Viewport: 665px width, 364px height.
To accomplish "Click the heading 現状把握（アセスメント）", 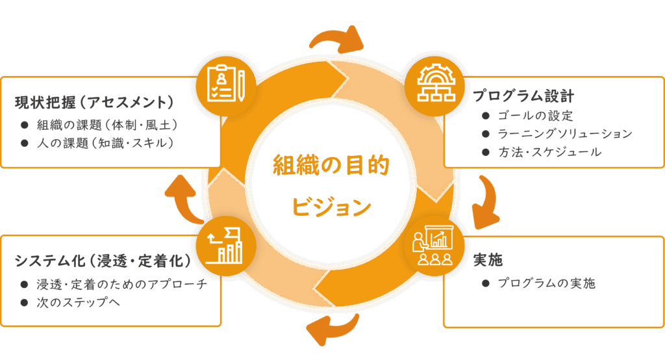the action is tap(94, 102).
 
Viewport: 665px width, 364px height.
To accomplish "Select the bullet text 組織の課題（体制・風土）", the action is tap(107, 125).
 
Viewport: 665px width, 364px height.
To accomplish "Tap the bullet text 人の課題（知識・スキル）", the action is tap(105, 143).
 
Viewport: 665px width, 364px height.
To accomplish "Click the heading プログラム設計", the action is tap(523, 96).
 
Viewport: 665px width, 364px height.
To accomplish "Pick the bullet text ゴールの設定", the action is tap(535, 116).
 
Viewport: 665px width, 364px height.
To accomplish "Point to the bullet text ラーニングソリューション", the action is tap(565, 134).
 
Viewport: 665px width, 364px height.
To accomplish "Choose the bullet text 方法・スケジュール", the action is tap(549, 152).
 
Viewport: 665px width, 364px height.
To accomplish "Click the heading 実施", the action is tap(488, 259).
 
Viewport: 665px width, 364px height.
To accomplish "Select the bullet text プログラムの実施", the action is tap(547, 283).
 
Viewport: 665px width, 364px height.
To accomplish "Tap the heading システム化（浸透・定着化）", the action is tap(103, 261).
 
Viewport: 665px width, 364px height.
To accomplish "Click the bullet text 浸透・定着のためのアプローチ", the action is tap(122, 284).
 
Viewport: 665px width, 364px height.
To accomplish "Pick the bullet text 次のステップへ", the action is tap(79, 302).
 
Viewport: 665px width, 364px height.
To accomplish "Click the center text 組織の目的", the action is tap(331, 165).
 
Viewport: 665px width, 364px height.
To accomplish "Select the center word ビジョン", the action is tap(331, 207).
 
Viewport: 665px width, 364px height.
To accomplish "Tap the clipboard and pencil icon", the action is tap(226, 83).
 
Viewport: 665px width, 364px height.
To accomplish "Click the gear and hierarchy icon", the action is tap(436, 83).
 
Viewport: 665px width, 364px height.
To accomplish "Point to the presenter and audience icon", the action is tap(433, 245).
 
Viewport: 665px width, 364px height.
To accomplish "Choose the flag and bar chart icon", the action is tap(224, 246).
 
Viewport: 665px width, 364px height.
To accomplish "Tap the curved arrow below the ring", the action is tap(333, 328).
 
